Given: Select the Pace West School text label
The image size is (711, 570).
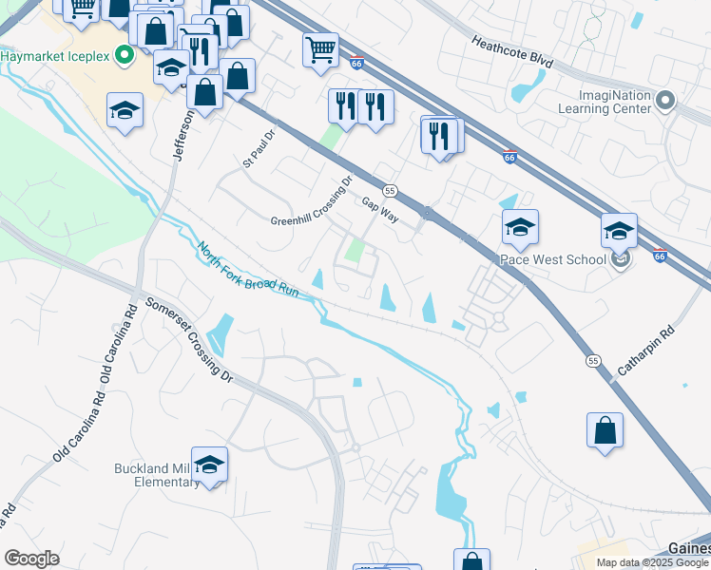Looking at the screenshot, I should coord(559,259).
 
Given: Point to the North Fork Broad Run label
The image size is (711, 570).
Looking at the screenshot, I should coord(248,271).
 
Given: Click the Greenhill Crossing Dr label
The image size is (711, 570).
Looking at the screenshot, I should coord(311,200).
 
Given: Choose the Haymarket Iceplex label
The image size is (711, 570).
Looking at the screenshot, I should coord(55,55).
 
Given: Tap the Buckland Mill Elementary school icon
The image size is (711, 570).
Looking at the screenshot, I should coord(209,465).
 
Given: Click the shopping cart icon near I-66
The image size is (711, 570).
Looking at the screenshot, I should coord(321,48).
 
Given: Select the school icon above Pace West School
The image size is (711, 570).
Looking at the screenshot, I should coord(520,227).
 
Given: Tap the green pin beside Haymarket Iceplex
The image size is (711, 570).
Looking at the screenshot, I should coord(124,55).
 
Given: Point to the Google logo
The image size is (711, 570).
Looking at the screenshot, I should coord(31,559).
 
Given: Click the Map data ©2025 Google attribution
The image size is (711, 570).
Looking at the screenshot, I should coord(651,562).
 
